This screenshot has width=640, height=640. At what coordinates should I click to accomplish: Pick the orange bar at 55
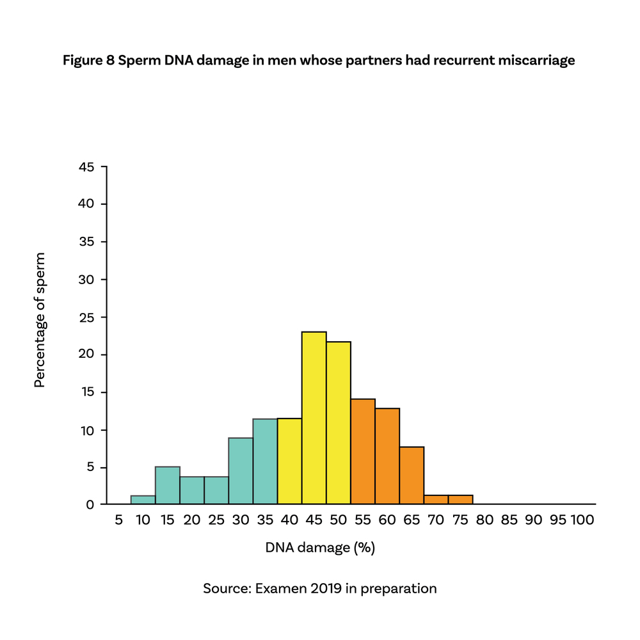click(363, 451)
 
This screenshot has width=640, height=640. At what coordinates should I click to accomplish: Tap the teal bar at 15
click(167, 485)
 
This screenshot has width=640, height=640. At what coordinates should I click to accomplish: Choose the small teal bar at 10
click(143, 499)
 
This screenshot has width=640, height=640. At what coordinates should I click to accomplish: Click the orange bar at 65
click(412, 476)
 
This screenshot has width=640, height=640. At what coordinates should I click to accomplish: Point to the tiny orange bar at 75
click(460, 499)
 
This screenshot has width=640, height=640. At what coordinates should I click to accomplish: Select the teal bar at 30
click(241, 471)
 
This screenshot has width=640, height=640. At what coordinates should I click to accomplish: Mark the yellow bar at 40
click(289, 461)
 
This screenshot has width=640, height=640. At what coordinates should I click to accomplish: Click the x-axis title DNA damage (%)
click(319, 548)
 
